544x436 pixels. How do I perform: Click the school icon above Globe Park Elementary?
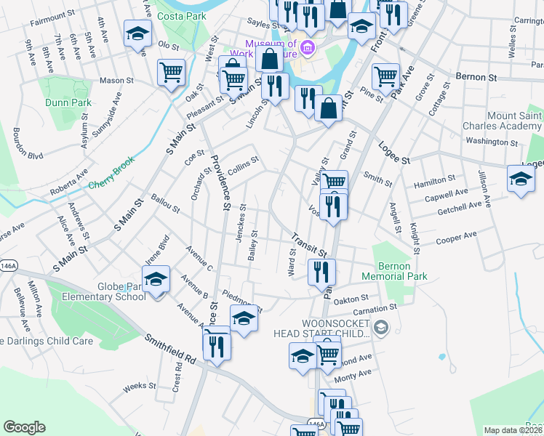point(156,280)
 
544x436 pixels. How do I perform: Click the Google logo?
point(24,427)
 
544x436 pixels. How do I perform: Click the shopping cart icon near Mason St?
point(171,73)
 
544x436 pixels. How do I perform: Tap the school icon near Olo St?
point(137,34)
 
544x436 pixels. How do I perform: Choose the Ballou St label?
point(165,203)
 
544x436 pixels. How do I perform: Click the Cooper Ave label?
point(456,238)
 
